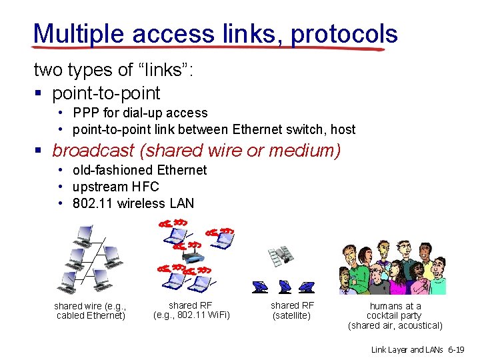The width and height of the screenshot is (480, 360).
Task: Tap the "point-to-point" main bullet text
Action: pos(106,93)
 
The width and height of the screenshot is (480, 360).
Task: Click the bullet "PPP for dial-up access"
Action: pos(140,113)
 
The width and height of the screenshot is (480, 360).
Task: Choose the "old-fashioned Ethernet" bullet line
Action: pos(140,170)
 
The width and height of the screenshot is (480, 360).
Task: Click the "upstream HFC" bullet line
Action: pos(116,187)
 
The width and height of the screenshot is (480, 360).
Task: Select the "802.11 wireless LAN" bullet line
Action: pos(133,203)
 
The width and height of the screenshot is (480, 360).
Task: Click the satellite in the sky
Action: pos(281,255)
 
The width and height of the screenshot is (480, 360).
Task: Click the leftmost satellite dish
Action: pos(261,286)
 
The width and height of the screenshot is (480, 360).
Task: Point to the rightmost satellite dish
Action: pos(306,286)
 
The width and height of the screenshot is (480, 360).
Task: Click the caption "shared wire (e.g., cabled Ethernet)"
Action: pos(91,311)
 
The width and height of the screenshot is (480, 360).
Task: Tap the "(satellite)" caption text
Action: pos(292,315)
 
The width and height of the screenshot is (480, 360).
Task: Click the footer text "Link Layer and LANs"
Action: pos(407,349)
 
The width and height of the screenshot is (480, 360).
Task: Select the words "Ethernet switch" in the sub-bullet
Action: pos(276,129)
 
